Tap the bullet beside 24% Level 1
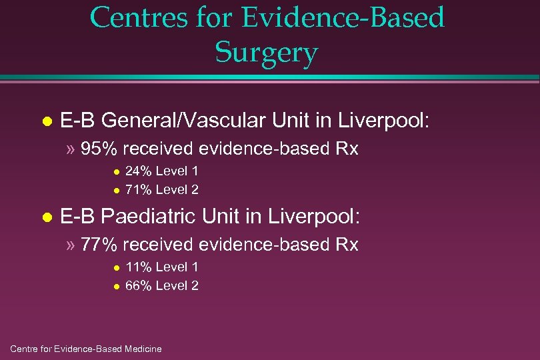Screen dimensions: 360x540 pyautogui.click(x=115, y=172)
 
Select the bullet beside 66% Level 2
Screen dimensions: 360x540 pyautogui.click(x=115, y=287)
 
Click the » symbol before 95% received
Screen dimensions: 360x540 pyautogui.click(x=71, y=149)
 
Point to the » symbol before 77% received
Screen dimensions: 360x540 pyautogui.click(x=71, y=245)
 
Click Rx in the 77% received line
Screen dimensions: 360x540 pyautogui.click(x=347, y=245)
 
